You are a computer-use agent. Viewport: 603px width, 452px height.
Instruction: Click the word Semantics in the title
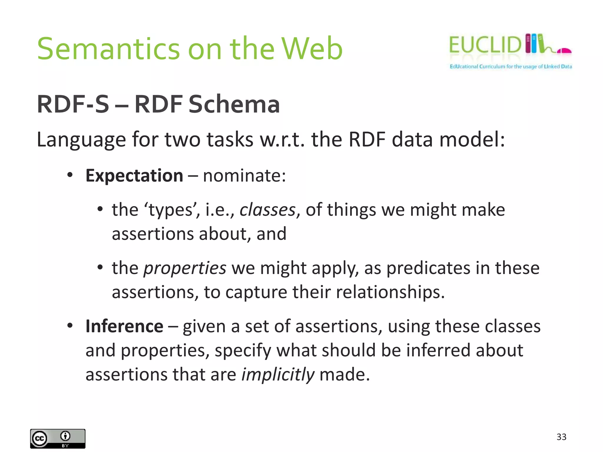click(x=108, y=49)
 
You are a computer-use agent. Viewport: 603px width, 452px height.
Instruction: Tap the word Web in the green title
click(x=312, y=49)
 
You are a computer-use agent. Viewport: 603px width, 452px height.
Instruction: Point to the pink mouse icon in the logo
click(x=564, y=51)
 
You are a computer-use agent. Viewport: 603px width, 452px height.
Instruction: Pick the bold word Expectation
click(x=134, y=176)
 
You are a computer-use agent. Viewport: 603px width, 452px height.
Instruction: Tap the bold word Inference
click(x=124, y=326)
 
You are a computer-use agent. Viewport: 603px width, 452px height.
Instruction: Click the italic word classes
click(x=267, y=210)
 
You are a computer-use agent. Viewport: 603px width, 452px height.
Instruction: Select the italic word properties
click(x=185, y=268)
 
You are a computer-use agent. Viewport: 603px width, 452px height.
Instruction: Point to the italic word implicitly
click(x=278, y=375)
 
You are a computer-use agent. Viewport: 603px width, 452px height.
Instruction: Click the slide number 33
click(x=561, y=437)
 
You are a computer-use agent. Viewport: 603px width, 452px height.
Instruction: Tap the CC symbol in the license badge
click(x=39, y=439)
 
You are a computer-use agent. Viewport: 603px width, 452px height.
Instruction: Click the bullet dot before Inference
click(x=70, y=326)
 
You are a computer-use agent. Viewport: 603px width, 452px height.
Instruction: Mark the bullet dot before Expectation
click(x=70, y=175)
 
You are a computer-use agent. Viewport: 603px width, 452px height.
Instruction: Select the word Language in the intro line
click(x=81, y=140)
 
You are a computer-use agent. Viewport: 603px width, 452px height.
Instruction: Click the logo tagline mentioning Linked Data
click(x=511, y=67)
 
